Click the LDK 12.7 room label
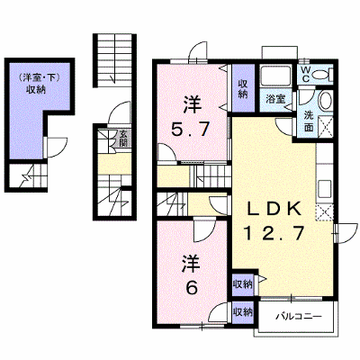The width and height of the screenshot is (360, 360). tap(274, 221)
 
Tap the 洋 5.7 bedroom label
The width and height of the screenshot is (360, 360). tap(190, 116)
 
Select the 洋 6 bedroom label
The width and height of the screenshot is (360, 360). tap(191, 274)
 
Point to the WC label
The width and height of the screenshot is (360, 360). tap(306, 74)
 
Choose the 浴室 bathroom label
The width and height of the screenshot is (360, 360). tap(276, 99)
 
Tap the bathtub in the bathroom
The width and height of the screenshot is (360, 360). tap(275, 76)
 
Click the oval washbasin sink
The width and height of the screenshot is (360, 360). tap(325, 100)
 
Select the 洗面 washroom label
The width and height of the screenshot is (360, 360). tap(309, 121)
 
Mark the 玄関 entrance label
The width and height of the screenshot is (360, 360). tap(123, 138)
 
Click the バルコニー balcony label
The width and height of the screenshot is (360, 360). tap(299, 317)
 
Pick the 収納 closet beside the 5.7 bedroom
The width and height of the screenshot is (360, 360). tap(242, 88)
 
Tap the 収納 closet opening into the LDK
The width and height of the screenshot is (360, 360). tap(243, 283)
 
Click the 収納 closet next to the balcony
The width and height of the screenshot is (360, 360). tap(243, 312)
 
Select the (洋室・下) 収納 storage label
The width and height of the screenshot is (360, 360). tap(38, 84)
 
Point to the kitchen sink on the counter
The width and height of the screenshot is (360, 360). tap(325, 189)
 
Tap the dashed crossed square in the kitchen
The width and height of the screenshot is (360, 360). tap(325, 212)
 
